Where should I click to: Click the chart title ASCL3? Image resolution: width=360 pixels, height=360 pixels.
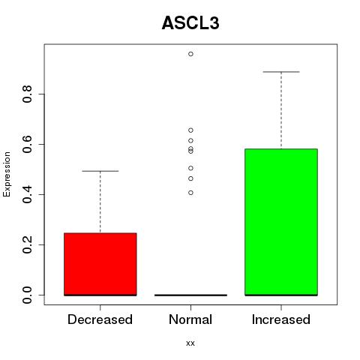[190, 23]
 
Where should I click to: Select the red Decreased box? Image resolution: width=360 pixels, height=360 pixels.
[100, 264]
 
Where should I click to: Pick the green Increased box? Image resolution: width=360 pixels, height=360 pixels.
[281, 222]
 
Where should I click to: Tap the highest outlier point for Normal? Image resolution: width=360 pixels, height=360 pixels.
[190, 54]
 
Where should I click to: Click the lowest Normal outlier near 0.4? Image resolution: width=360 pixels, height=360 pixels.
[190, 193]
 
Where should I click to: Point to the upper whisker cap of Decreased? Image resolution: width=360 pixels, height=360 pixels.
[100, 171]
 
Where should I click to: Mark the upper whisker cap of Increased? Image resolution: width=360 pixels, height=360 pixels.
[281, 72]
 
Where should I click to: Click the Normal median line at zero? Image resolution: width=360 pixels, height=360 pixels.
[190, 295]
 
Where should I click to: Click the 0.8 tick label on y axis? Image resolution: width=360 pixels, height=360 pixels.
[27, 94]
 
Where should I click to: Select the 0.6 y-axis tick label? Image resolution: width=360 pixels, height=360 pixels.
[27, 144]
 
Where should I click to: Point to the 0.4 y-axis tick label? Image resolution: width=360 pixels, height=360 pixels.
[27, 194]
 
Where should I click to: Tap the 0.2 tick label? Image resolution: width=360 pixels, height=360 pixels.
[27, 244]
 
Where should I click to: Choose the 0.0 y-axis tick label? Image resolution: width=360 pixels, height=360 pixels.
[27, 295]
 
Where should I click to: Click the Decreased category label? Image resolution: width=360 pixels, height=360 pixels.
[100, 319]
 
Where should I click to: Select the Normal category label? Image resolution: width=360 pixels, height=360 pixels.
[190, 319]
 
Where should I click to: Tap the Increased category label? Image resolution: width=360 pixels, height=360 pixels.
[281, 319]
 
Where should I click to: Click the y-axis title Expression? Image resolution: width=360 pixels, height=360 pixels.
[7, 174]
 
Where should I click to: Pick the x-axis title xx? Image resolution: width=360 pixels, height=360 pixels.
[190, 343]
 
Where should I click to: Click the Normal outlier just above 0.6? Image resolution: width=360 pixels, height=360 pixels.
[190, 140]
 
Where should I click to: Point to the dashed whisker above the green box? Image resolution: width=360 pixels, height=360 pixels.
[281, 110]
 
